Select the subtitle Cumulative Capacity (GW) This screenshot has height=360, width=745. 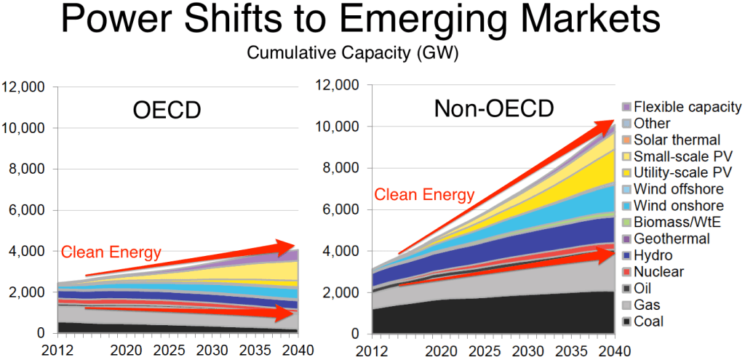click(372, 53)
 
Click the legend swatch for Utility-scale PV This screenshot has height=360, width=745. click(625, 172)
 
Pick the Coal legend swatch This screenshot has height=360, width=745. click(625, 321)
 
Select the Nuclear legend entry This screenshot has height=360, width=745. click(658, 272)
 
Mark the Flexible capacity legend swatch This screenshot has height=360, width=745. click(625, 107)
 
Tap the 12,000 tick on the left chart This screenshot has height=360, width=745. click(27, 87)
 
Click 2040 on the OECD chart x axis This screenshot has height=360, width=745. click(298, 350)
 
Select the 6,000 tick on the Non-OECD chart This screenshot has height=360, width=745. click(342, 210)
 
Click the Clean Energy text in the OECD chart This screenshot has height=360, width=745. click(111, 252)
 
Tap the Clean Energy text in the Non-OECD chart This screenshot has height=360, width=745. click(424, 195)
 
